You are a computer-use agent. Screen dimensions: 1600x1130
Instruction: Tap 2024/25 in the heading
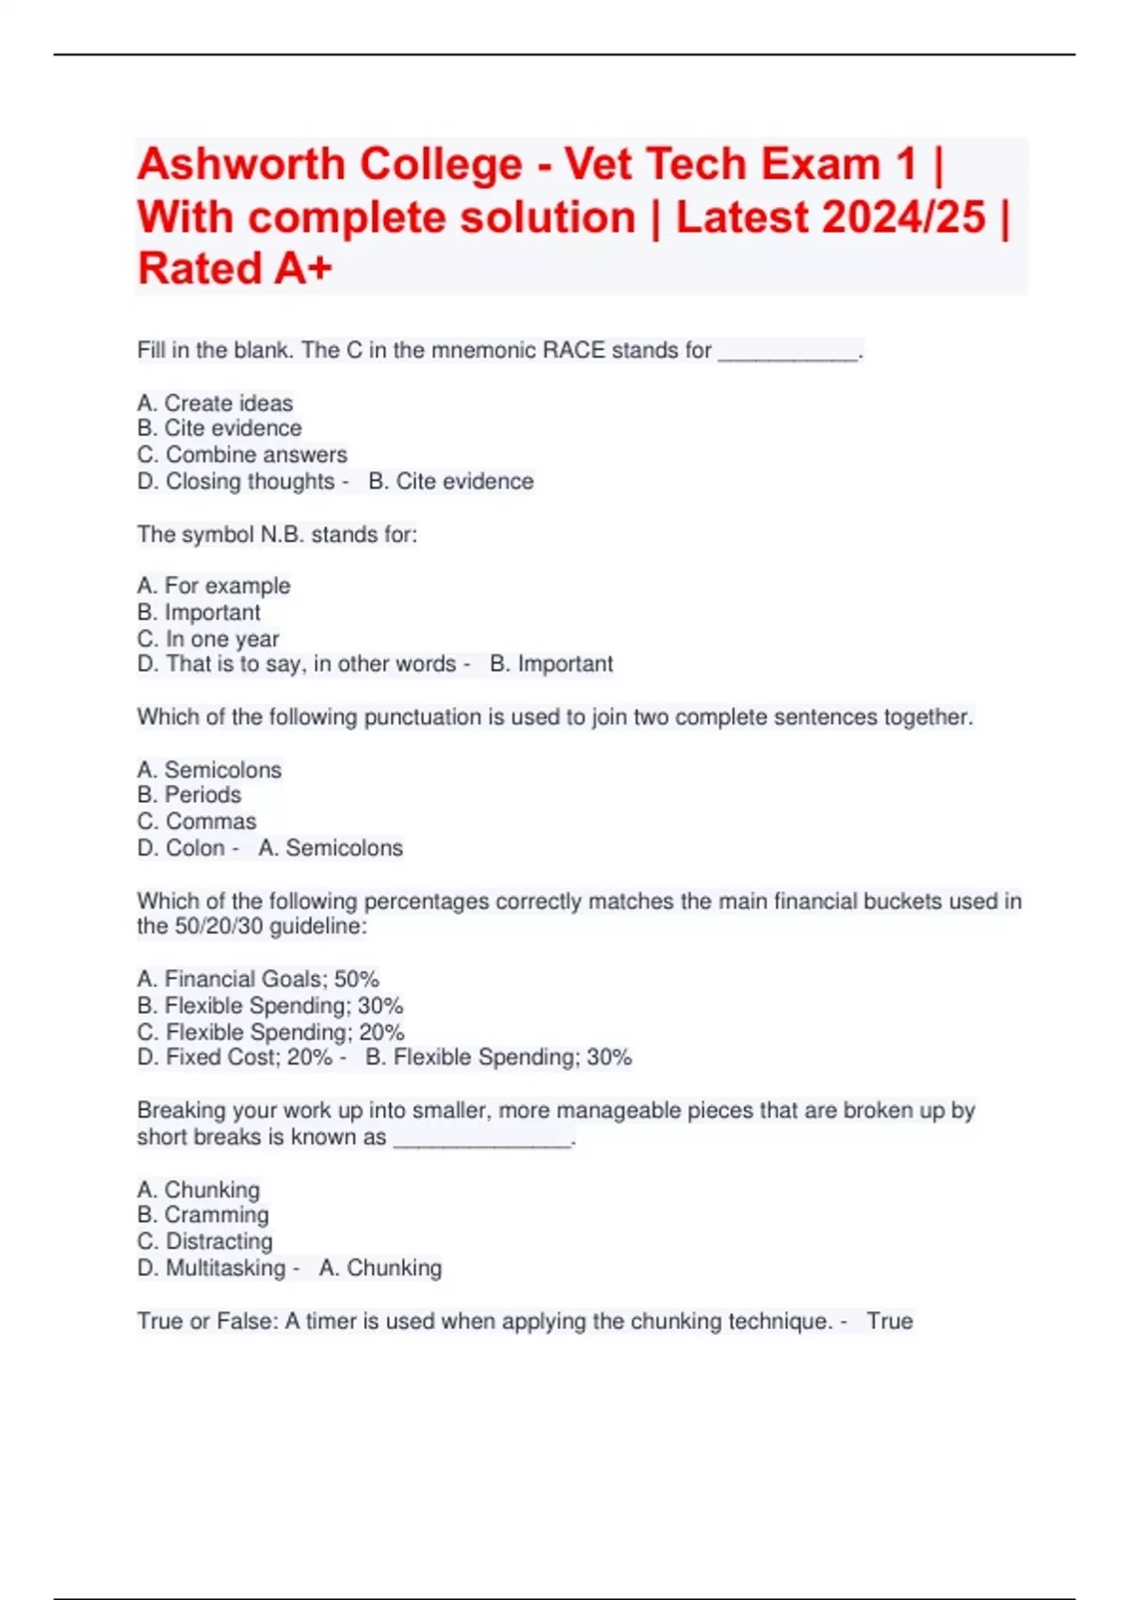pyautogui.click(x=904, y=217)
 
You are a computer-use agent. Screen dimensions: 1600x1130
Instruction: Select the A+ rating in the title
pyautogui.click(x=303, y=269)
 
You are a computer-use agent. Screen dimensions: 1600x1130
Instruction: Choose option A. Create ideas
pyautogui.click(x=215, y=403)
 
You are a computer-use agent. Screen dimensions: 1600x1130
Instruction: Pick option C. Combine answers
pyautogui.click(x=242, y=455)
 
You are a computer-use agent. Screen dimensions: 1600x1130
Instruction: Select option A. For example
pyautogui.click(x=214, y=585)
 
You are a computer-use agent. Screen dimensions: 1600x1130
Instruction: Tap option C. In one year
pyautogui.click(x=208, y=639)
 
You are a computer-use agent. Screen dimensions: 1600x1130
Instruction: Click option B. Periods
pyautogui.click(x=189, y=794)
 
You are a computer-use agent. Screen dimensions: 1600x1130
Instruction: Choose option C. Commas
pyautogui.click(x=197, y=821)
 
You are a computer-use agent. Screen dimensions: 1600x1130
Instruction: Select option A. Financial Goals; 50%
pyautogui.click(x=258, y=979)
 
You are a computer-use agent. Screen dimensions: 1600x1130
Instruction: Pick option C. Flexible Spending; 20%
pyautogui.click(x=271, y=1032)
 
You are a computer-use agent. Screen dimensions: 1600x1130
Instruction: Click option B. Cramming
pyautogui.click(x=203, y=1214)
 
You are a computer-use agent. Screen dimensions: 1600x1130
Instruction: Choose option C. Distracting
pyautogui.click(x=205, y=1241)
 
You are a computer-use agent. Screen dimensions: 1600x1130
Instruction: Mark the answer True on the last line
pyautogui.click(x=890, y=1321)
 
